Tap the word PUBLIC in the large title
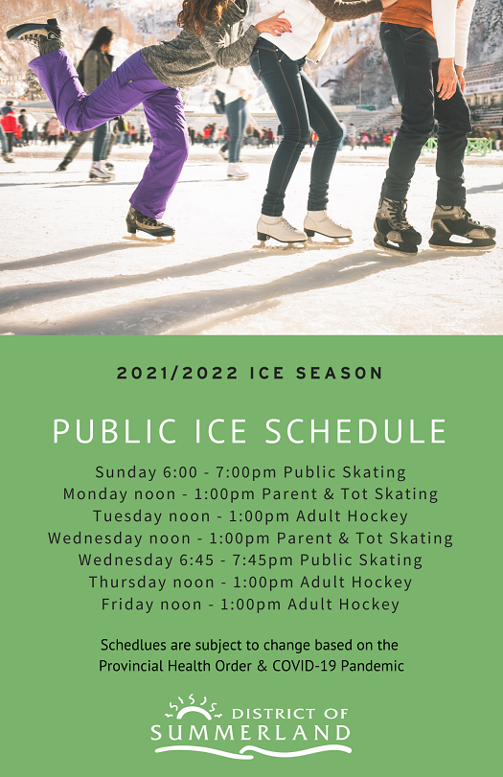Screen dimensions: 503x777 [x=114, y=431]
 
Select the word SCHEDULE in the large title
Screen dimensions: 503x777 [x=355, y=431]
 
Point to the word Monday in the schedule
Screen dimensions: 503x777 [x=95, y=494]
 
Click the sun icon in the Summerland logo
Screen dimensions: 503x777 [x=193, y=708]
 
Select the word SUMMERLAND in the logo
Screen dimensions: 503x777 [x=251, y=733]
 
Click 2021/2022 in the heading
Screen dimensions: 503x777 [x=177, y=373]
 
